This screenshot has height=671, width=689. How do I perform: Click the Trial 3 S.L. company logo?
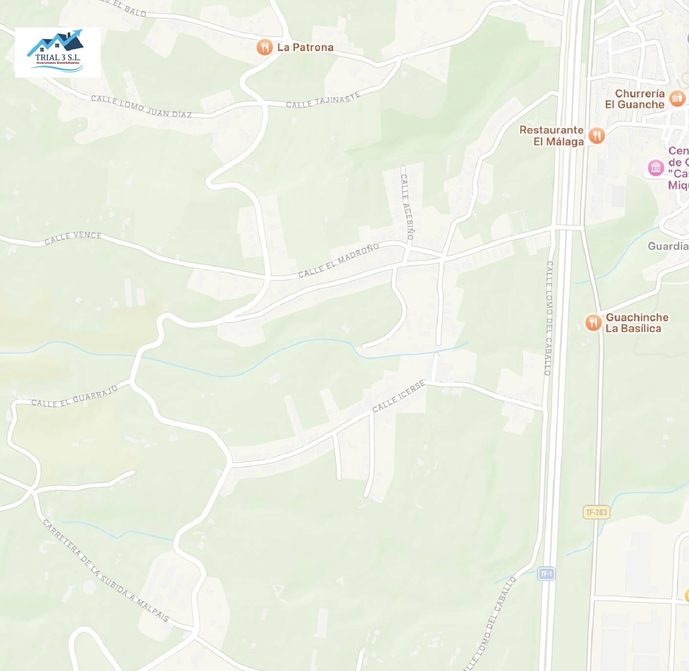tap(57, 52)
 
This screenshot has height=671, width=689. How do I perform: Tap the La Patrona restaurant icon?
tap(264, 47)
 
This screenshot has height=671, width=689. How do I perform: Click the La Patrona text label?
tap(305, 47)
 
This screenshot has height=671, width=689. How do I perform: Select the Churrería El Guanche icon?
tap(677, 98)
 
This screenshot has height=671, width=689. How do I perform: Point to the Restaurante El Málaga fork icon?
tap(597, 135)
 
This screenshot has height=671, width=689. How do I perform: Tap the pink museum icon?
tap(655, 168)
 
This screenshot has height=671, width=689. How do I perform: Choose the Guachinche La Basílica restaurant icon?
tap(593, 322)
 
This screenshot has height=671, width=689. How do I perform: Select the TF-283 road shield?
tap(596, 512)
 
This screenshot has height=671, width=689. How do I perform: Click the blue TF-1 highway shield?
tap(546, 574)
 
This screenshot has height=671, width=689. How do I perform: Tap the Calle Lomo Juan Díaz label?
tap(141, 107)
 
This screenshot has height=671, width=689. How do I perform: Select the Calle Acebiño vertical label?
tap(407, 207)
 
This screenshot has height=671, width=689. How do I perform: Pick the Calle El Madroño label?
tap(339, 261)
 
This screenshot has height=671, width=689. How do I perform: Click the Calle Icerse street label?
tap(398, 396)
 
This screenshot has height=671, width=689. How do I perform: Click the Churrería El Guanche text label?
tap(635, 99)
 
